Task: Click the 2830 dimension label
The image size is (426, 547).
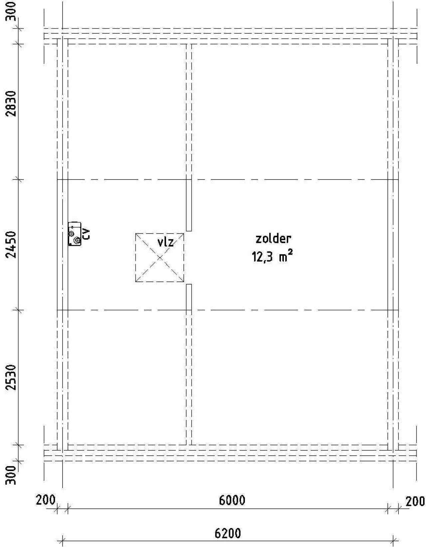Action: pyautogui.click(x=12, y=104)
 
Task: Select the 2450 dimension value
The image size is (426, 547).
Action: pyautogui.click(x=12, y=245)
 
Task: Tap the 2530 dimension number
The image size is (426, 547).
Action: pyautogui.click(x=12, y=377)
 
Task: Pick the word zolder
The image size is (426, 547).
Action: pyautogui.click(x=273, y=238)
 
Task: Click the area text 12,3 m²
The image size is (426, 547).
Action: pyautogui.click(x=273, y=257)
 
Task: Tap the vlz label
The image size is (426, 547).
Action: pyautogui.click(x=165, y=242)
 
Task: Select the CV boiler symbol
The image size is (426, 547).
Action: pyautogui.click(x=75, y=234)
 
